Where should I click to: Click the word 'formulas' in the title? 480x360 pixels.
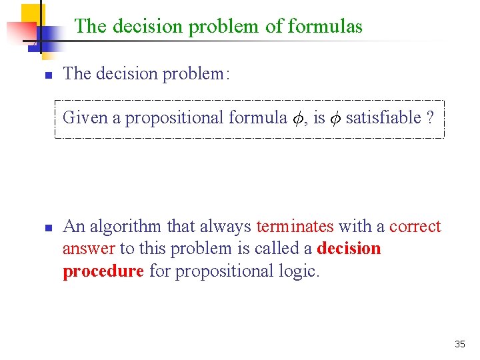(x=325, y=27)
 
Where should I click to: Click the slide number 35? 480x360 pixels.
(x=459, y=345)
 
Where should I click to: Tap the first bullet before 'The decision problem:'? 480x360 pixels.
(x=48, y=75)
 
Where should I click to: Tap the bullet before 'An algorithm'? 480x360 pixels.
(x=48, y=228)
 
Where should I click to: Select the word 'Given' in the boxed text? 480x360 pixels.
(x=85, y=118)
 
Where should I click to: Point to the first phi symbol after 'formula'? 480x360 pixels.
(x=297, y=119)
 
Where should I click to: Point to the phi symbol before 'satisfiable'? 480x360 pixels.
(x=335, y=119)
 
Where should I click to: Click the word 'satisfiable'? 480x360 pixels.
(x=383, y=118)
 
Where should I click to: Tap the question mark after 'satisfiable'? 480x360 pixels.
(x=430, y=118)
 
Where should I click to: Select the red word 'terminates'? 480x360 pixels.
(x=295, y=227)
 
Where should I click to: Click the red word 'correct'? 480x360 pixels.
(x=415, y=227)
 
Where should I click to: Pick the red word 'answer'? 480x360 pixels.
(x=89, y=249)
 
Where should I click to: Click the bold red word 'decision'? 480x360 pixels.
(x=349, y=249)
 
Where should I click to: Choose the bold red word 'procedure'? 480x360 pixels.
(x=103, y=271)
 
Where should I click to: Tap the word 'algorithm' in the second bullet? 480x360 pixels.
(x=125, y=227)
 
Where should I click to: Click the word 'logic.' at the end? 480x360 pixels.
(x=297, y=271)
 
